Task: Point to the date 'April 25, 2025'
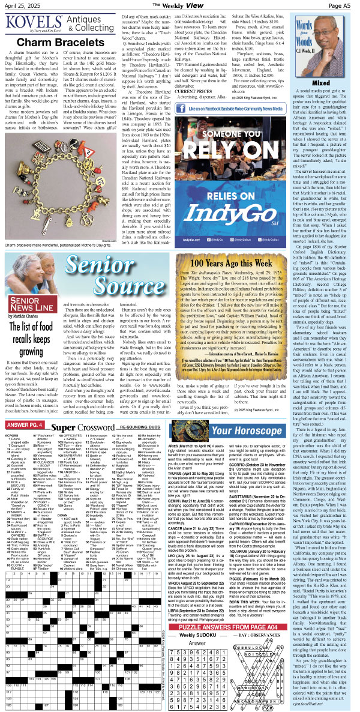(20, 5)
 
